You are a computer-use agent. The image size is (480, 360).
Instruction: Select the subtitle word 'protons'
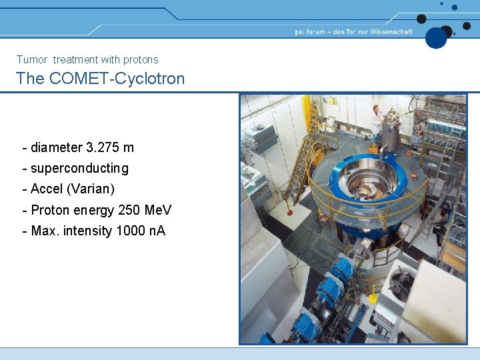(140, 60)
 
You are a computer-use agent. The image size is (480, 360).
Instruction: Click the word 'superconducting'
(79, 168)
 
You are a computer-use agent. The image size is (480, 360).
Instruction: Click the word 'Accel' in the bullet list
(47, 189)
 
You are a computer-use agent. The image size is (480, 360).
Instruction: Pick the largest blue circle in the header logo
(436, 37)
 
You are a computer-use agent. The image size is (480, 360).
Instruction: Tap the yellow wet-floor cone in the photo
(373, 293)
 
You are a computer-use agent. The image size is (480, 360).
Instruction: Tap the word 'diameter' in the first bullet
(57, 147)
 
